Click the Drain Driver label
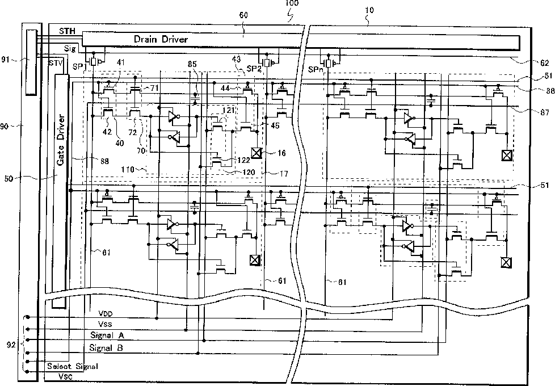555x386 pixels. tap(161, 39)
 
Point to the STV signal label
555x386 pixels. tap(56, 62)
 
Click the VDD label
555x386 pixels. tap(106, 313)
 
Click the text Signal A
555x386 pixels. tap(111, 335)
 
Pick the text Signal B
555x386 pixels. tap(111, 347)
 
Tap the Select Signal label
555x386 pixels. tap(73, 366)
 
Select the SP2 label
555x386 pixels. tap(255, 68)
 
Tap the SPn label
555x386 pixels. tap(315, 69)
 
